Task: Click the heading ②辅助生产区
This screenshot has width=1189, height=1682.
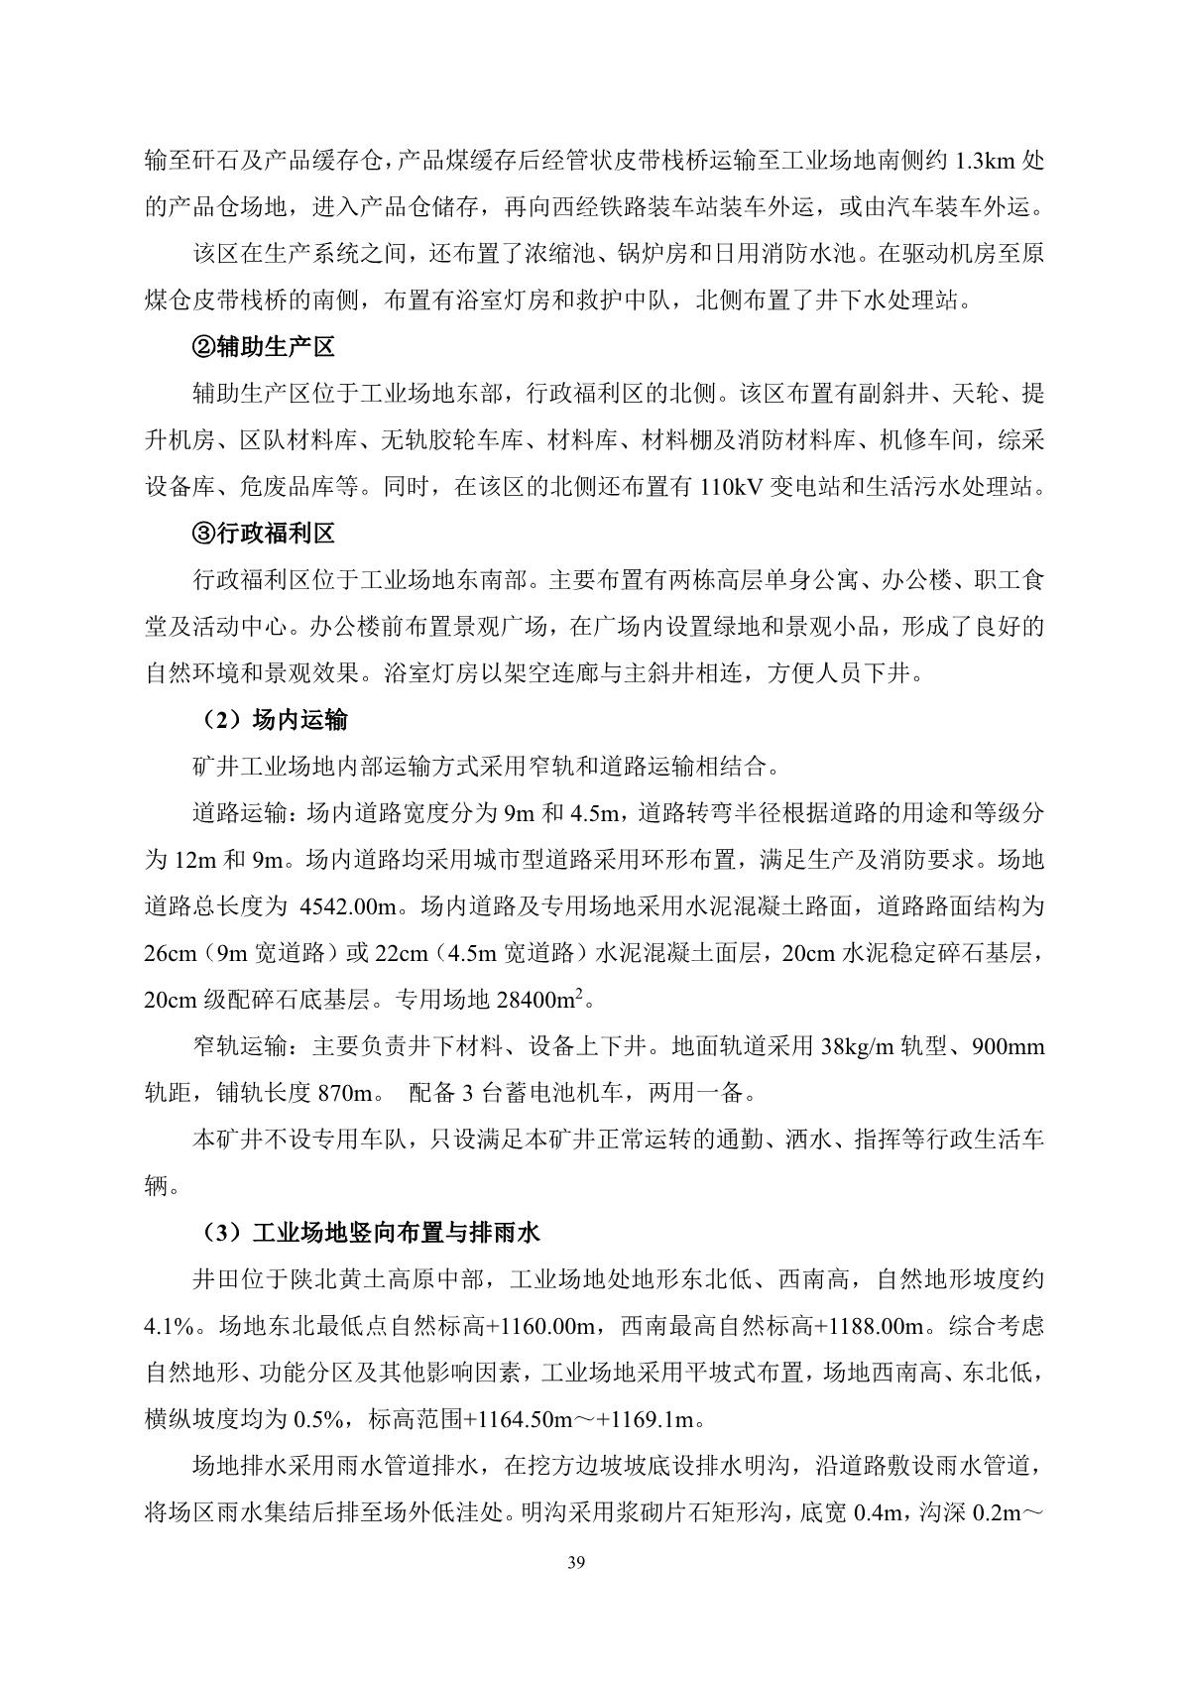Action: click(263, 347)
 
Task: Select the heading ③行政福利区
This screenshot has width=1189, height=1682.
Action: click(263, 534)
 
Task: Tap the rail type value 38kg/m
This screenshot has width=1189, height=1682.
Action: click(858, 1046)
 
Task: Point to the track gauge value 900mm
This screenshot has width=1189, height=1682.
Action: click(1009, 1046)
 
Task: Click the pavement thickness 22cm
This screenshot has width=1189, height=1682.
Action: click(400, 953)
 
